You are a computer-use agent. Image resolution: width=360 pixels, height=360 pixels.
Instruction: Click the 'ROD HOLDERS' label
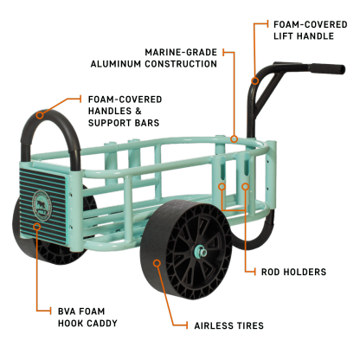coord(293,272)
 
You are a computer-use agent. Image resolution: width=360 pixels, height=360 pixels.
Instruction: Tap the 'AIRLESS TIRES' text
coord(229,325)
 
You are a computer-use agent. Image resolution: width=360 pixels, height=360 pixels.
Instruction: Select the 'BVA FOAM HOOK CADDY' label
coord(87,318)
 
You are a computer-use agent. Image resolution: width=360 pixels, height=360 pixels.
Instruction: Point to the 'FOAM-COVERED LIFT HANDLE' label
coord(311,30)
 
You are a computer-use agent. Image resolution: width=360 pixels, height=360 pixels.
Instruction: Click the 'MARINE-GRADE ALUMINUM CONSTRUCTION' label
coord(154,58)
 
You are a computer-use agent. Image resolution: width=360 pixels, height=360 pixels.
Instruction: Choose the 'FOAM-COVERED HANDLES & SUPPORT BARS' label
coord(125,111)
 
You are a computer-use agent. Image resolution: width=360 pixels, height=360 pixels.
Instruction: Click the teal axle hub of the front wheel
coord(201,252)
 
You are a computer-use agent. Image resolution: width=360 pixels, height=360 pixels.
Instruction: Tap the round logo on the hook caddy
coord(42,205)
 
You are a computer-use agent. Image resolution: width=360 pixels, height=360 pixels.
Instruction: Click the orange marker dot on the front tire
coord(157,263)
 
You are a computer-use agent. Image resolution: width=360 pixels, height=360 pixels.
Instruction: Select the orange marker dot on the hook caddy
coord(36,227)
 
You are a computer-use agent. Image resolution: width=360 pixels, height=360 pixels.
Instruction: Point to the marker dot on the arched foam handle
coord(40,115)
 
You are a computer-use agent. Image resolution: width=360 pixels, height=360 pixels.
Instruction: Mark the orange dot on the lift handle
coord(254,81)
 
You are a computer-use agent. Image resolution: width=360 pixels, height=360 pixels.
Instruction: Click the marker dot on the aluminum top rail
coord(235,139)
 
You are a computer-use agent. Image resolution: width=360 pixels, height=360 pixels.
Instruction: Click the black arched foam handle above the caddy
coord(50,115)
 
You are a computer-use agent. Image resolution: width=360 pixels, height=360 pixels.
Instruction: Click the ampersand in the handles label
coord(138,111)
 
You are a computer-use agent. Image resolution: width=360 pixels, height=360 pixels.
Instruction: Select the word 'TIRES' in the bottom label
coord(250,325)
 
